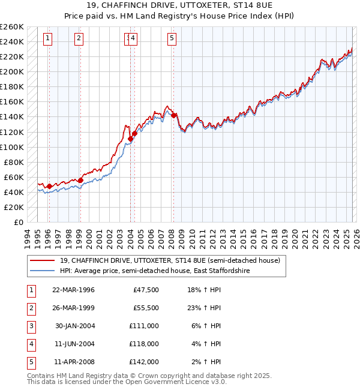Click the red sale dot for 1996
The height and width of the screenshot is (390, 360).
tap(49, 186)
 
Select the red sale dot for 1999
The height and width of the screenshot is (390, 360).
tap(80, 180)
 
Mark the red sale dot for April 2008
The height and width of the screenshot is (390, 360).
tap(173, 115)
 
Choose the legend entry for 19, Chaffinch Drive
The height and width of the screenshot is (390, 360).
tap(170, 260)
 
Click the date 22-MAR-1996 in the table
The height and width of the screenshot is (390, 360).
tap(73, 290)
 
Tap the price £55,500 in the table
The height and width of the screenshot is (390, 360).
tap(145, 308)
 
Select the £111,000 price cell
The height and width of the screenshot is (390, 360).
tap(145, 326)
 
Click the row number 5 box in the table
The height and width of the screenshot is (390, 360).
tap(30, 362)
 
